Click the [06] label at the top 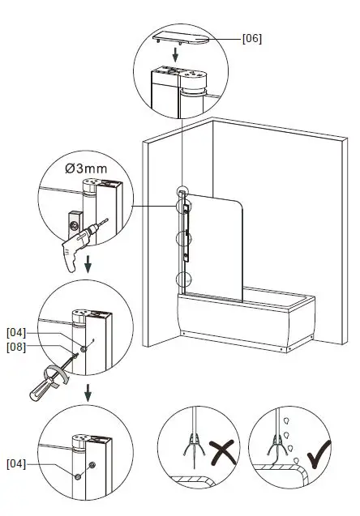tap(252, 38)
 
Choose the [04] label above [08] tap(17, 332)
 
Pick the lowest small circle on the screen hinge tap(183, 279)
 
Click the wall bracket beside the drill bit tap(72, 218)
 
